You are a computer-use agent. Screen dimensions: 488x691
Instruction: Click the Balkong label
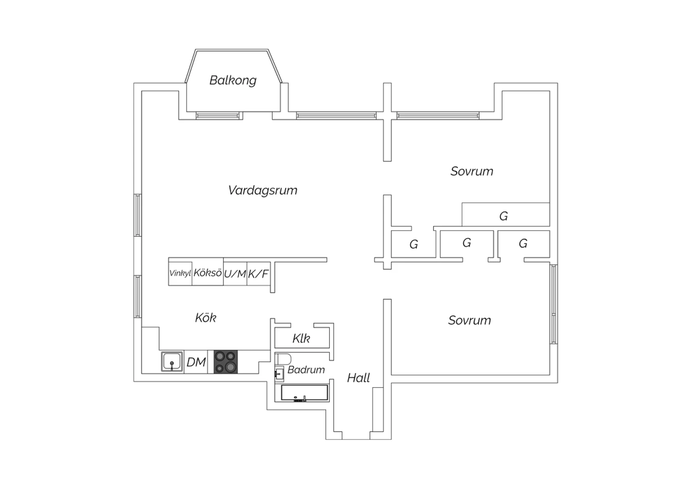pyautogui.click(x=233, y=80)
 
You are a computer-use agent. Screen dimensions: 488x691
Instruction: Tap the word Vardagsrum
pyautogui.click(x=263, y=190)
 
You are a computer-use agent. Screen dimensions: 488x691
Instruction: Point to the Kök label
pyautogui.click(x=205, y=318)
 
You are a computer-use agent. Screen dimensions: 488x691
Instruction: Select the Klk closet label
pyautogui.click(x=301, y=339)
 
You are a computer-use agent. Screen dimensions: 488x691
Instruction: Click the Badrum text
pyautogui.click(x=306, y=370)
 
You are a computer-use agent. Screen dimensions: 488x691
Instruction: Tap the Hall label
pyautogui.click(x=358, y=378)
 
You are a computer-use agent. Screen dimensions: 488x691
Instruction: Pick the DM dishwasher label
pyautogui.click(x=196, y=362)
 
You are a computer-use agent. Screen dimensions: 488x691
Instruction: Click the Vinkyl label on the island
pyautogui.click(x=180, y=273)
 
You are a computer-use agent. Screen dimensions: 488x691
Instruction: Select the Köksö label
pyautogui.click(x=208, y=273)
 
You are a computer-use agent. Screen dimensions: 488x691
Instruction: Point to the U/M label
pyautogui.click(x=235, y=274)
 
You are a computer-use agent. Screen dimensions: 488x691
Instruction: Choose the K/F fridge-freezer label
pyautogui.click(x=258, y=274)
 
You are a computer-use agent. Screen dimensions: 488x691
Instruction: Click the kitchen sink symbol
pyautogui.click(x=172, y=361)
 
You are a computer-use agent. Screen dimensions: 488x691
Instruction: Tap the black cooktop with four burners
pyautogui.click(x=226, y=361)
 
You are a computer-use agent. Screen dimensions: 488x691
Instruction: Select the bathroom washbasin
pyautogui.click(x=279, y=374)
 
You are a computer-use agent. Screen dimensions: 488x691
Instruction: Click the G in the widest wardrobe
pyautogui.click(x=504, y=216)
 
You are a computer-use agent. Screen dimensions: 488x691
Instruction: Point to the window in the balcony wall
pyautogui.click(x=219, y=115)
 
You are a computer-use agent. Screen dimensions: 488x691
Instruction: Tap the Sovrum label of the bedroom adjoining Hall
pyautogui.click(x=469, y=320)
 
